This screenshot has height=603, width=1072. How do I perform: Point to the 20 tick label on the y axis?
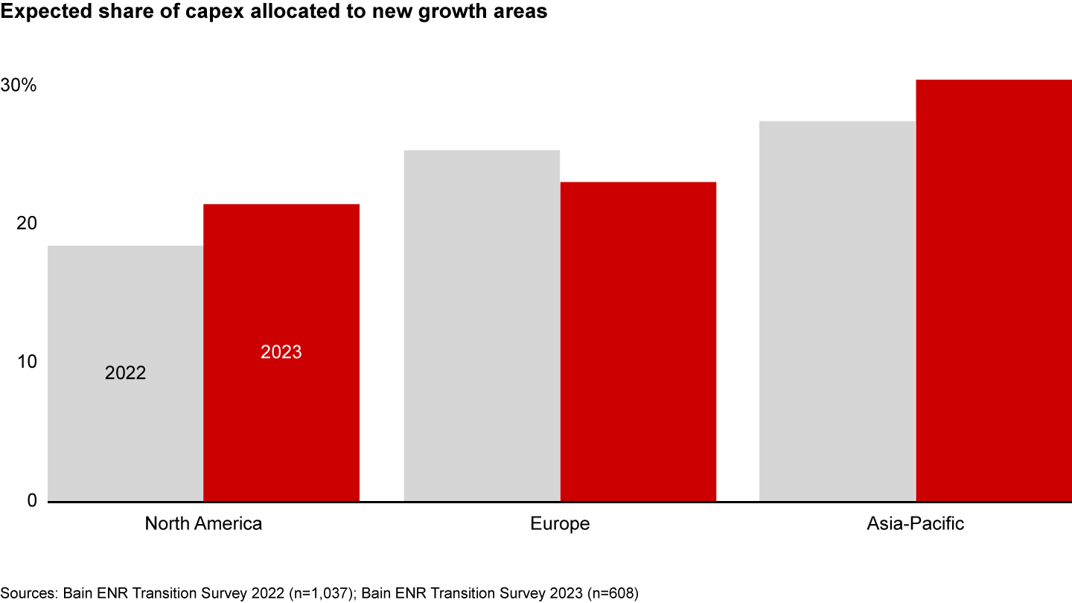27,223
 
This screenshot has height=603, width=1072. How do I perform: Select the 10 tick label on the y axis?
27,362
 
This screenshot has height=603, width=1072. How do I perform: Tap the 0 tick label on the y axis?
31,500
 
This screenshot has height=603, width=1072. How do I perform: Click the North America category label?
203,523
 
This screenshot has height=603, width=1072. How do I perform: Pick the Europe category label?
560,523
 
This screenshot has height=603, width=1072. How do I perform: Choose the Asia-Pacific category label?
915,523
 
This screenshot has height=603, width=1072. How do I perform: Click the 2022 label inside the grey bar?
125,373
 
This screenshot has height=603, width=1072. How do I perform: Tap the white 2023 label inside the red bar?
281,352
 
